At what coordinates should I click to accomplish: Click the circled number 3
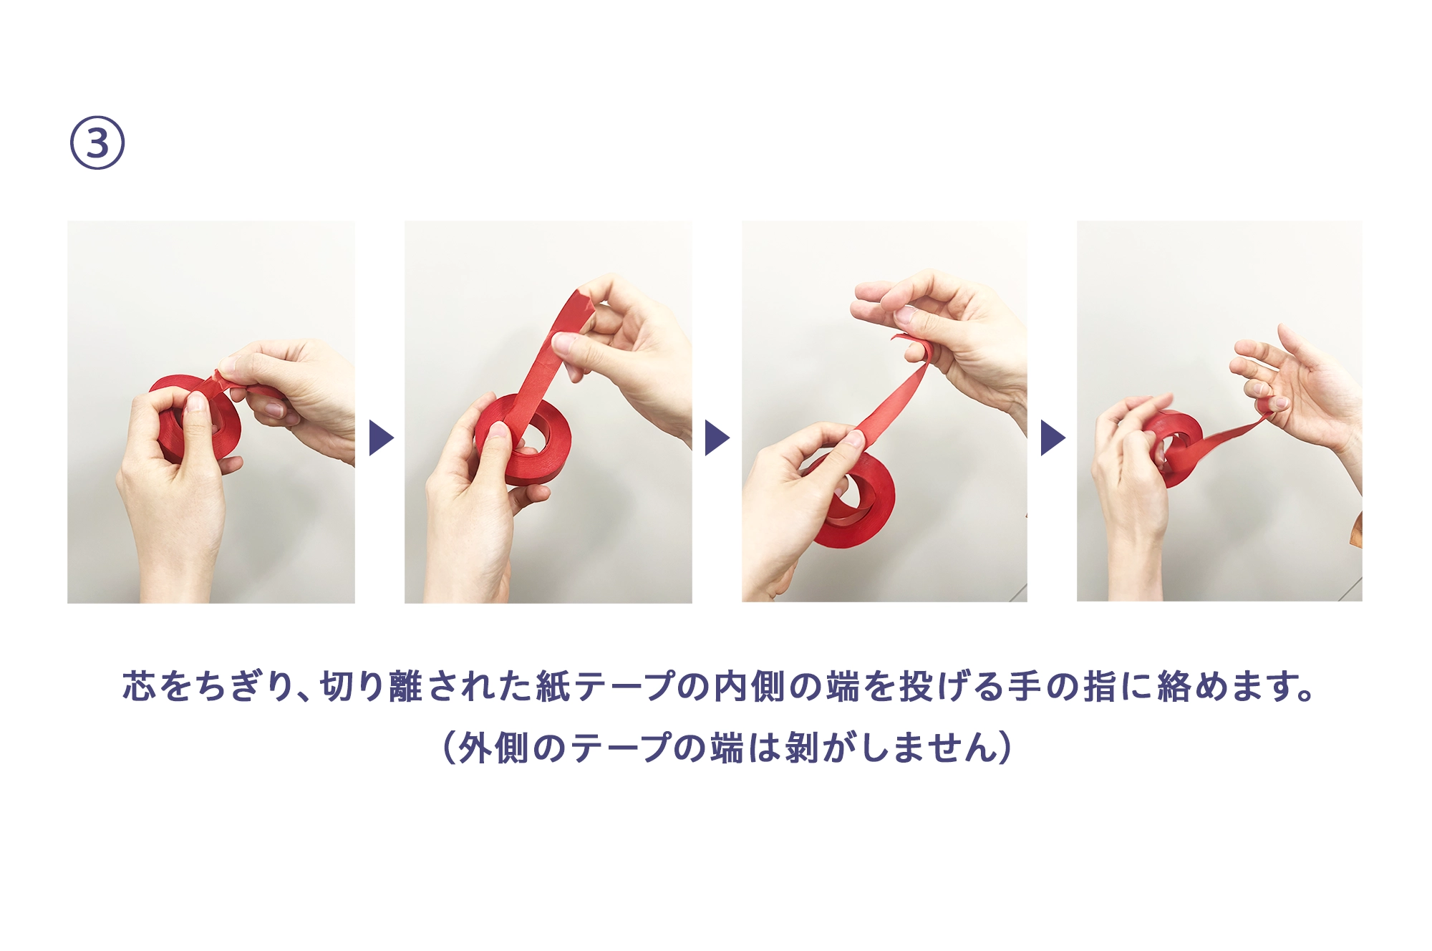click(97, 143)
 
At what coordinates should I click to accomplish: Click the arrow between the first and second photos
click(381, 438)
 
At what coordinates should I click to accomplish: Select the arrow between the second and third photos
click(717, 438)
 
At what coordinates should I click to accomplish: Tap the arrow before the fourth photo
click(1053, 438)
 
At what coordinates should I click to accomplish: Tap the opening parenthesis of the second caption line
click(450, 748)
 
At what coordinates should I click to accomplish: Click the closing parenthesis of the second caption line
click(1005, 748)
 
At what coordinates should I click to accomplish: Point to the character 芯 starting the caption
click(139, 686)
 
